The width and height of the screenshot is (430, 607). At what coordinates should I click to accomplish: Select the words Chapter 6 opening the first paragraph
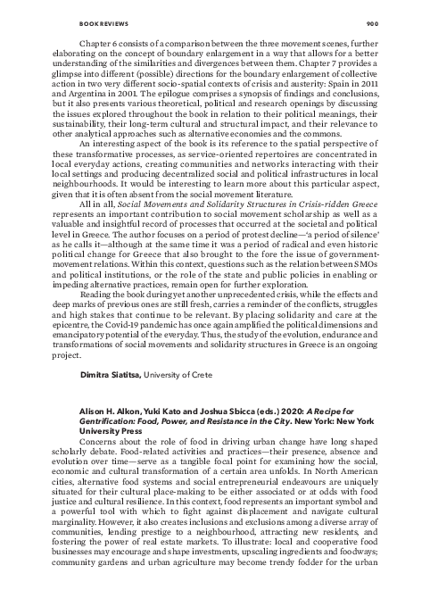(x=102, y=42)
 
